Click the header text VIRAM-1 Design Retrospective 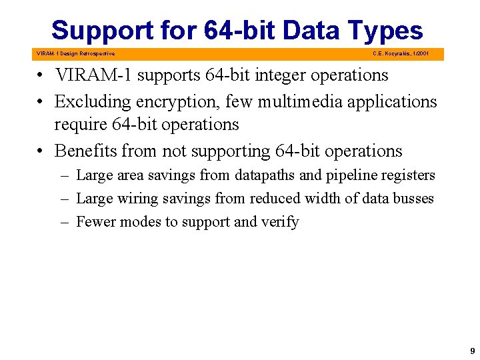[x=75, y=53]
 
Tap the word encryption [x=171, y=101]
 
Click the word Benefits [x=85, y=151]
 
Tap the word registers [x=409, y=175]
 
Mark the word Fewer [x=95, y=222]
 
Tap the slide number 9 [x=472, y=350]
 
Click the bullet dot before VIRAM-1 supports [x=42, y=76]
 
